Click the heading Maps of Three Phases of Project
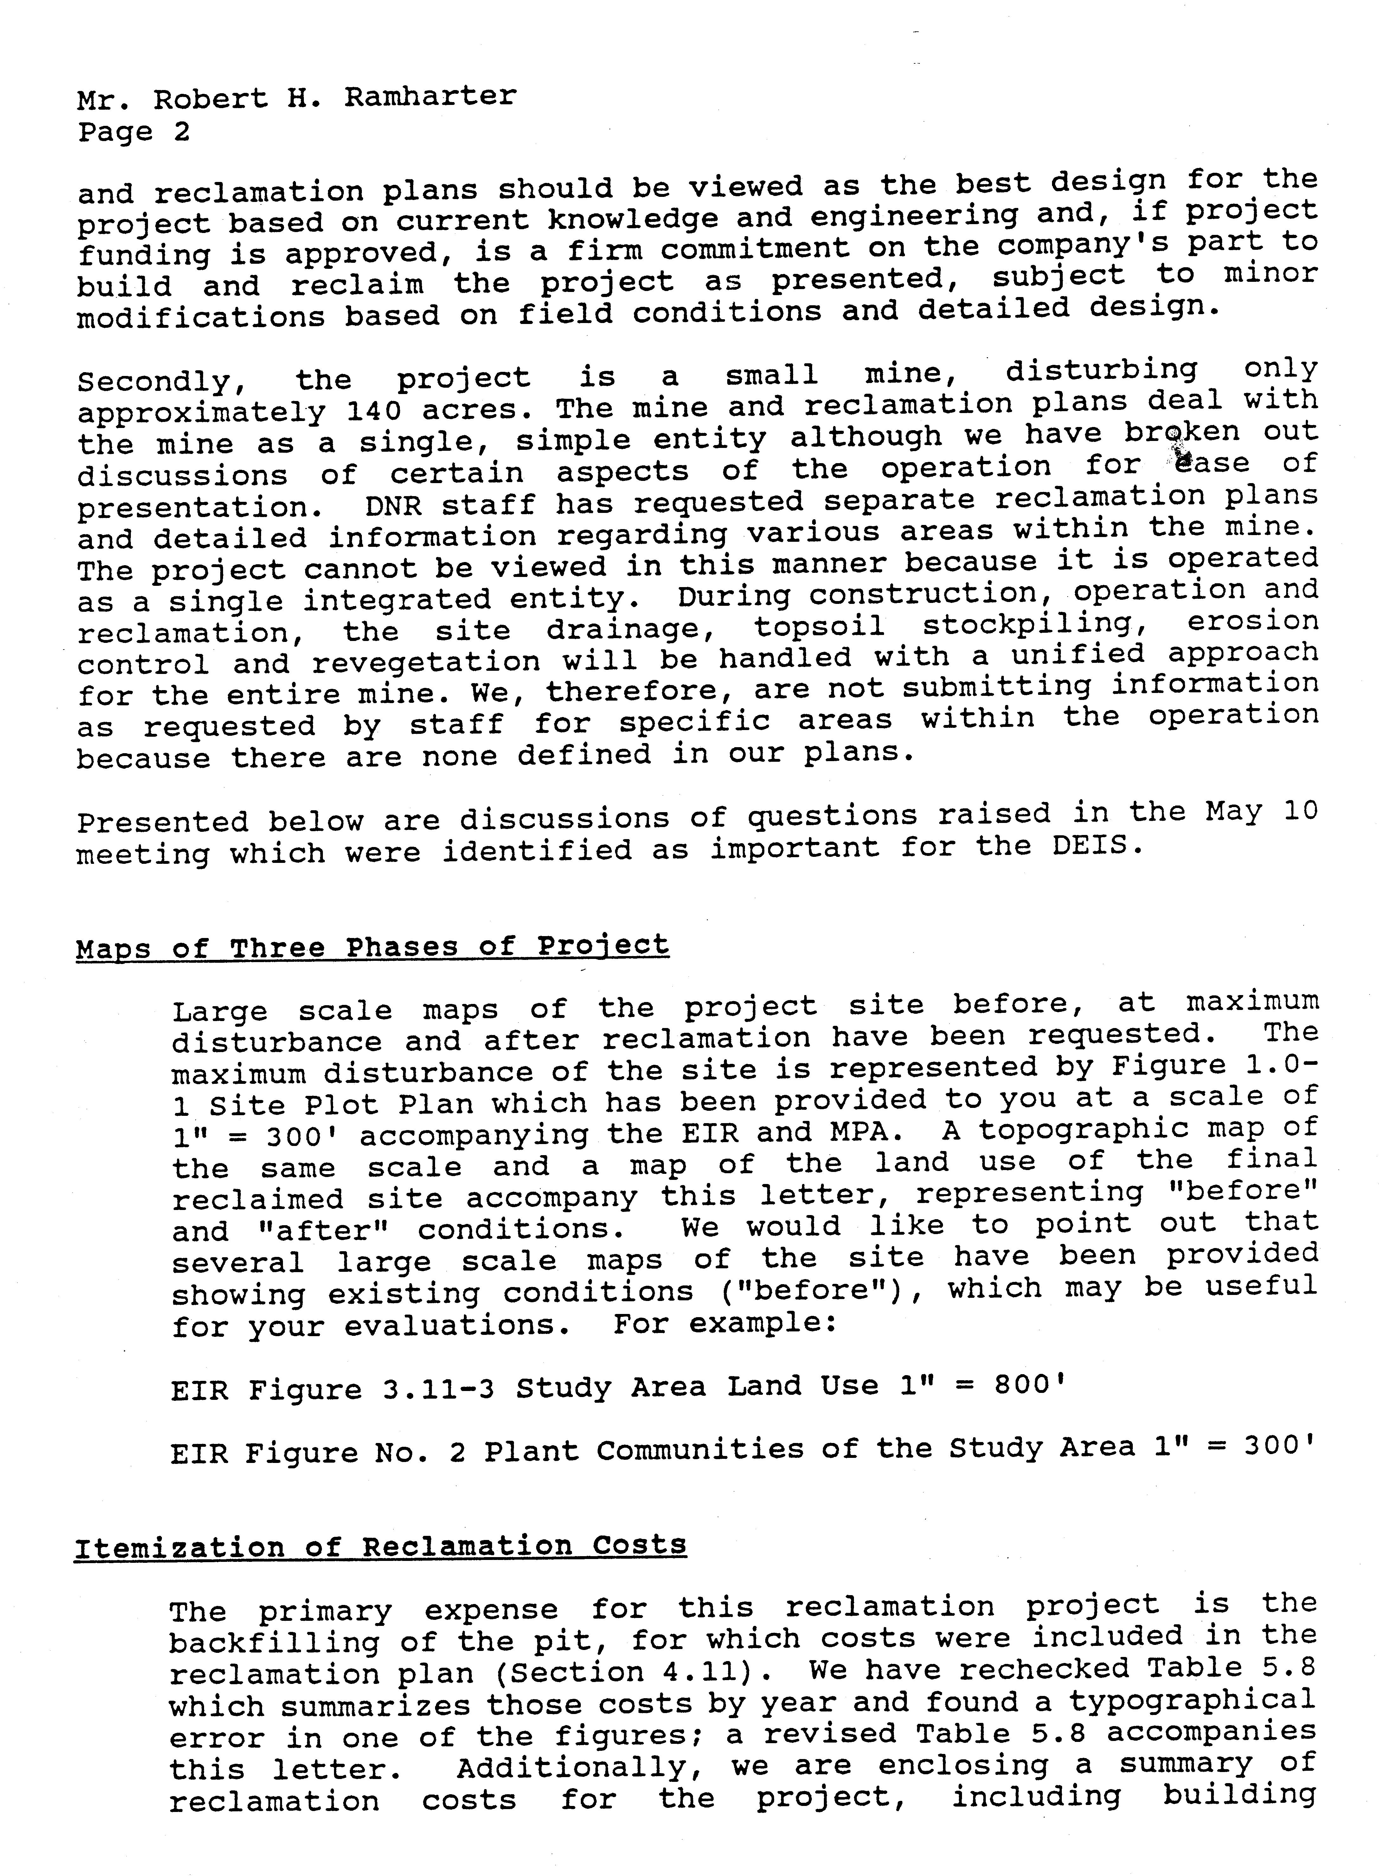372,947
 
